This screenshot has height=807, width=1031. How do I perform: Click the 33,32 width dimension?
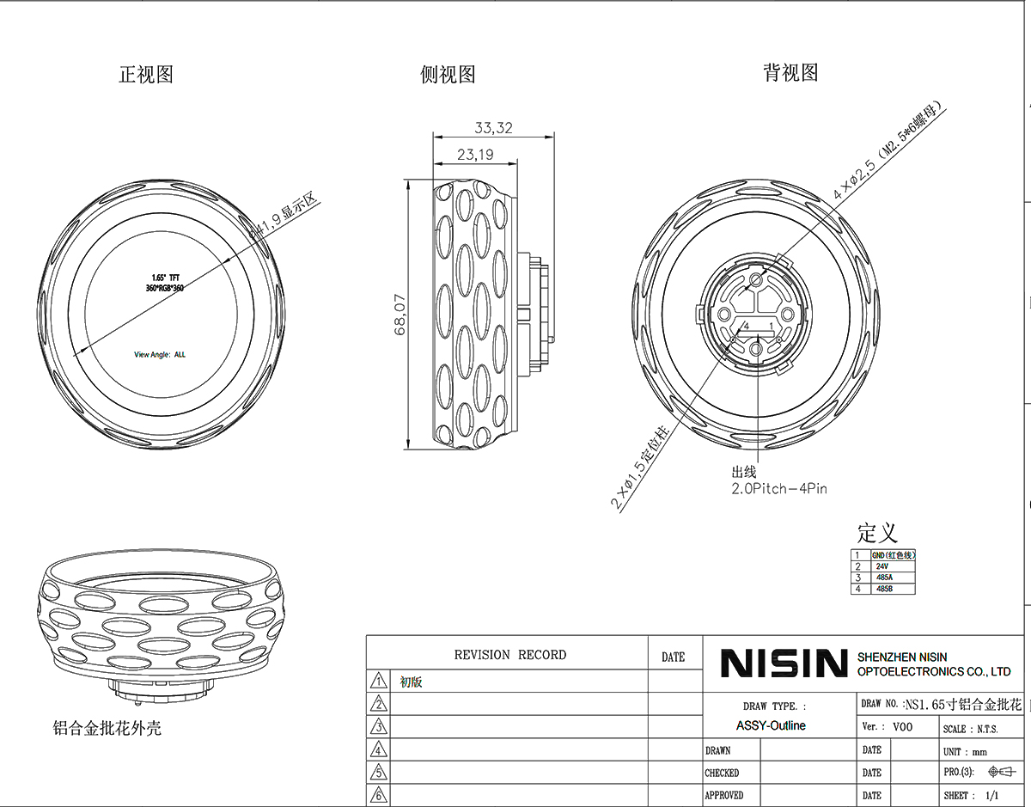click(x=493, y=128)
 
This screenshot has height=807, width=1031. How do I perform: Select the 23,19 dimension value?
click(x=474, y=156)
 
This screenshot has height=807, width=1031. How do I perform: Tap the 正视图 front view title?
click(x=146, y=75)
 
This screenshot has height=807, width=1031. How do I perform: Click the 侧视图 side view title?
click(x=448, y=75)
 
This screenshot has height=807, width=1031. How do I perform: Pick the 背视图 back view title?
click(x=790, y=73)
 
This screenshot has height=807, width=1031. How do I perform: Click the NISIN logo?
click(x=784, y=663)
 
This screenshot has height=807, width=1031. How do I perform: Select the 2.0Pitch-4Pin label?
click(x=779, y=488)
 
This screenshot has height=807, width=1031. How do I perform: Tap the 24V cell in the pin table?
click(x=882, y=566)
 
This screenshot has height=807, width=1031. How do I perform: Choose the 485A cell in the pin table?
click(x=884, y=578)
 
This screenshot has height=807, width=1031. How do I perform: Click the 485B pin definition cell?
click(x=884, y=589)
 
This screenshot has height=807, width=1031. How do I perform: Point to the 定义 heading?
click(x=876, y=532)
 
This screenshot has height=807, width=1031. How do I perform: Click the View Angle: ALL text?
click(x=160, y=354)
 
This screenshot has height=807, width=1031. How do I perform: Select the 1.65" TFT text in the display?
click(x=165, y=278)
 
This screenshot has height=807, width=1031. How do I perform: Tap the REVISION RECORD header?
click(x=510, y=655)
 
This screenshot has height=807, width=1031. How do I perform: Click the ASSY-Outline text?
click(x=771, y=725)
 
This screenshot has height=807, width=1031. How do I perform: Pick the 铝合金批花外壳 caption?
click(x=107, y=729)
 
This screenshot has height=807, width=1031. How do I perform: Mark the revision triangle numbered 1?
click(x=378, y=682)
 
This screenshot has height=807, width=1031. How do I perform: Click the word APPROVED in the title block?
click(x=724, y=796)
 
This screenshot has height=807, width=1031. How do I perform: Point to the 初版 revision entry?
click(x=412, y=683)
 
